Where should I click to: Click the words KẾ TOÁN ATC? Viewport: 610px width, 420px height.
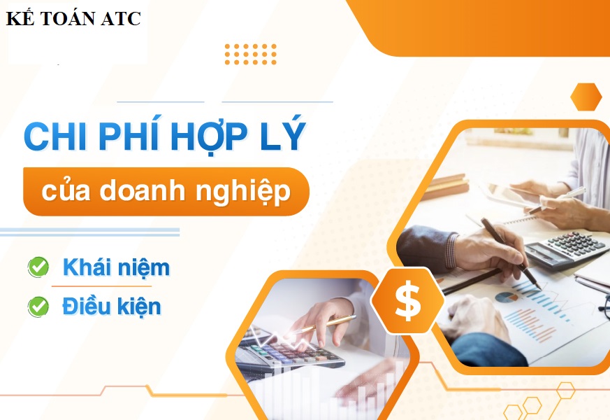[73, 18]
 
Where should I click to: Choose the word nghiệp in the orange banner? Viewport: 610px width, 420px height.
[243, 192]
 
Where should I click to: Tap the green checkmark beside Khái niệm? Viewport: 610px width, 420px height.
[38, 267]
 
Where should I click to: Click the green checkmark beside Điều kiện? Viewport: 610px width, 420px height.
[38, 306]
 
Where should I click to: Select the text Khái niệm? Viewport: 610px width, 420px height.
[116, 267]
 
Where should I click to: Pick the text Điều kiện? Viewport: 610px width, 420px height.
[112, 306]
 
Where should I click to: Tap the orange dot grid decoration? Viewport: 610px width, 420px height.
[251, 54]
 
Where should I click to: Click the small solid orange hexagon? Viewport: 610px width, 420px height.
[586, 97]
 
